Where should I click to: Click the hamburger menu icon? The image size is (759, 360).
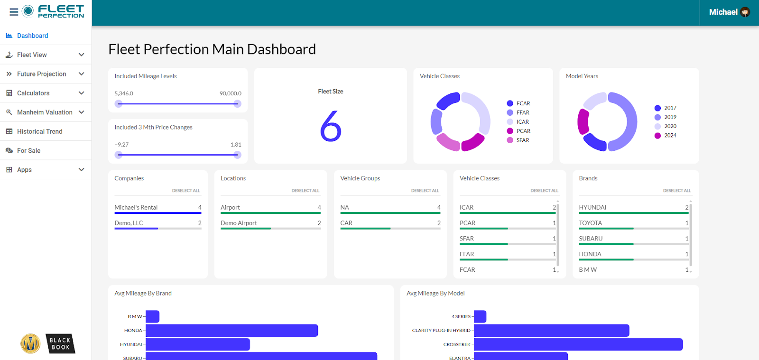14,12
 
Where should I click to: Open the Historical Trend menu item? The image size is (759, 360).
39,131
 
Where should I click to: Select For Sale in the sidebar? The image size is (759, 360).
28,150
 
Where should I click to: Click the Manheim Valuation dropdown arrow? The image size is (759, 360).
81,112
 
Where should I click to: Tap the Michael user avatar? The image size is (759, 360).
745,12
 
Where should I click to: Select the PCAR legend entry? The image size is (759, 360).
523,131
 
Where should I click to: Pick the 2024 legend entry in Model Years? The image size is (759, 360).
670,136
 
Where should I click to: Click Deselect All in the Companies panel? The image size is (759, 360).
185,191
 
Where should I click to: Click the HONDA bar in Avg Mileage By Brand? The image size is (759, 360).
231,331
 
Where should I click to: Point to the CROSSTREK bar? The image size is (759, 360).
578,344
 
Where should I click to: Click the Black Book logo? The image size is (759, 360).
60,344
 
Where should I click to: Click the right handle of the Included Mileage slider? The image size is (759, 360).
237,104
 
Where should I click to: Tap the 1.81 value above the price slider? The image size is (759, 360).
236,145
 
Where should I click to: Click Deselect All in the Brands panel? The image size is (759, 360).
676,191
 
